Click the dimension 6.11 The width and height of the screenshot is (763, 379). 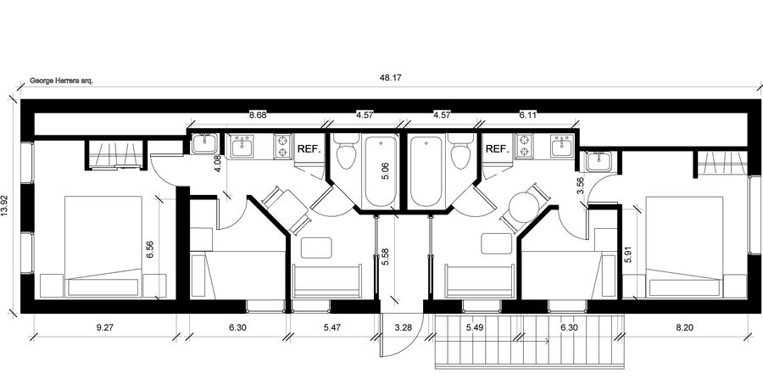(x=528, y=114)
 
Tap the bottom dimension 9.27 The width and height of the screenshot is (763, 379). (x=104, y=326)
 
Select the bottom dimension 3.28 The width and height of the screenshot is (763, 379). (x=404, y=326)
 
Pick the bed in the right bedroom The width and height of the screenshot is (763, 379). (x=685, y=246)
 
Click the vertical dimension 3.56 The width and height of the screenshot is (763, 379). (x=580, y=185)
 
